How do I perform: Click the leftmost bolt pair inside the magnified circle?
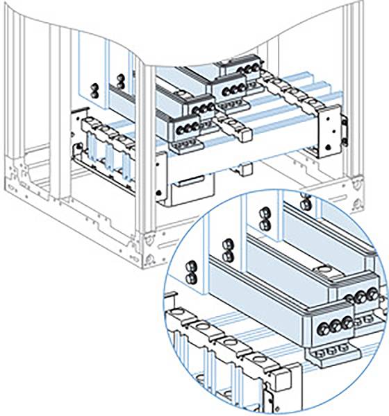pos(190,272)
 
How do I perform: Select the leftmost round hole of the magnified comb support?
pos(188,320)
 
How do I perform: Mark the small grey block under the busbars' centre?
pos(244,167)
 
